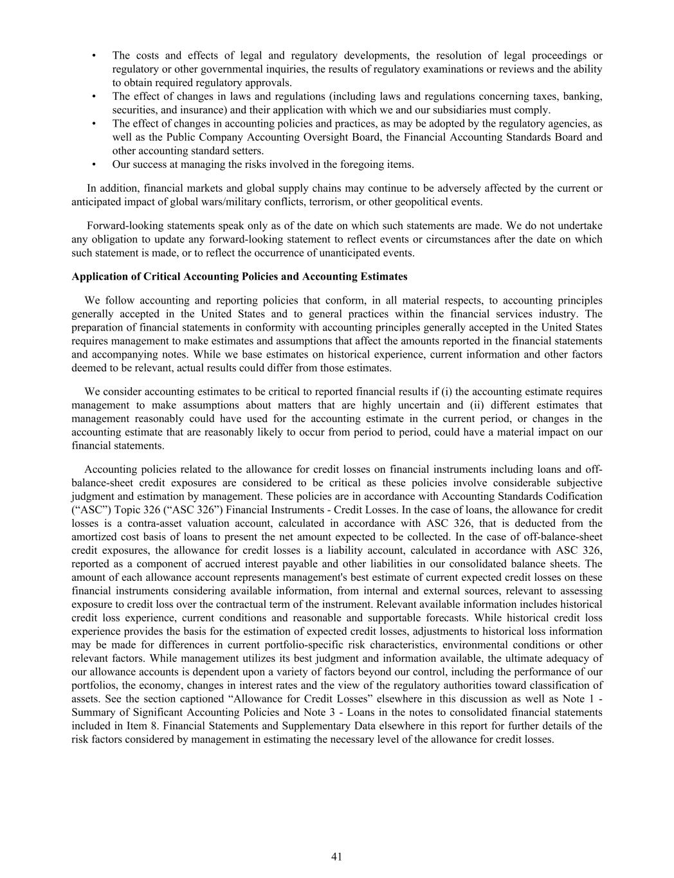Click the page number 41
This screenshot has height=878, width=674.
[x=336, y=856]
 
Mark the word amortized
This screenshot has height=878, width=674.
[x=95, y=537]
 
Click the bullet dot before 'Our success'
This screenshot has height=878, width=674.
[x=95, y=165]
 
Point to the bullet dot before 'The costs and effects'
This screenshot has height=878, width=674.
[x=95, y=56]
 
